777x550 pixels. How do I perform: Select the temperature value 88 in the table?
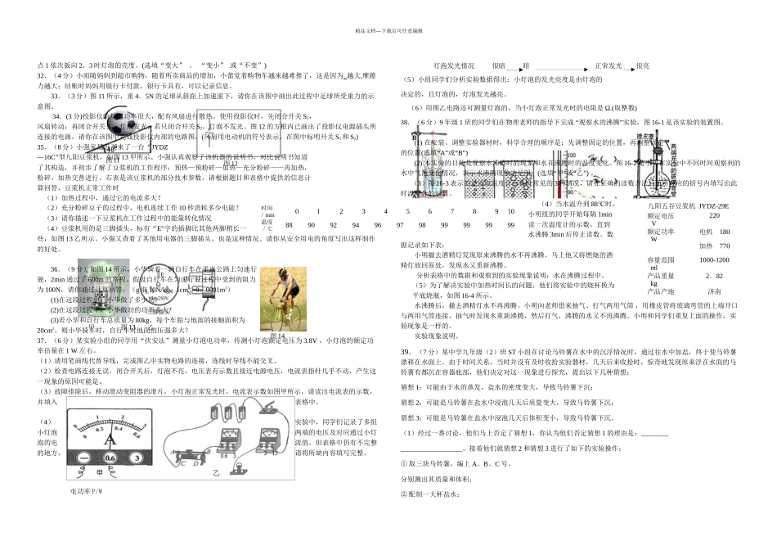(x=289, y=225)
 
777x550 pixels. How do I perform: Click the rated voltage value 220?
(x=714, y=215)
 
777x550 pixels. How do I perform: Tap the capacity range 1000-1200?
(x=714, y=259)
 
